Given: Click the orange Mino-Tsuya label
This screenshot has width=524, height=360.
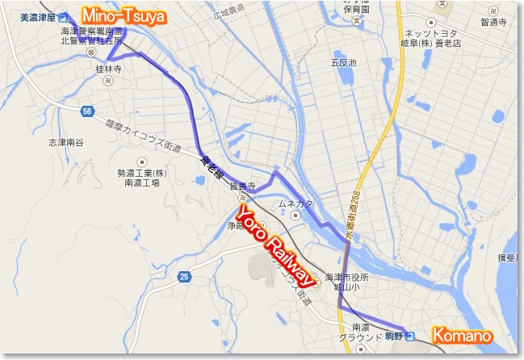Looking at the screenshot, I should (122, 14).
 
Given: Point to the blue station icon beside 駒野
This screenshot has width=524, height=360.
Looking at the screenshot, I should (409, 336).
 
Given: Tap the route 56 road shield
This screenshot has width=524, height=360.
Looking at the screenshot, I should (86, 110).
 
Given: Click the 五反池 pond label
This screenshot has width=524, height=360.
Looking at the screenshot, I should (343, 62).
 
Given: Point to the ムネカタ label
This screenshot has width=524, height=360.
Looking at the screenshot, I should (296, 203).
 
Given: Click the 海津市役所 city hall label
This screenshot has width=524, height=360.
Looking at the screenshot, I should (345, 277).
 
